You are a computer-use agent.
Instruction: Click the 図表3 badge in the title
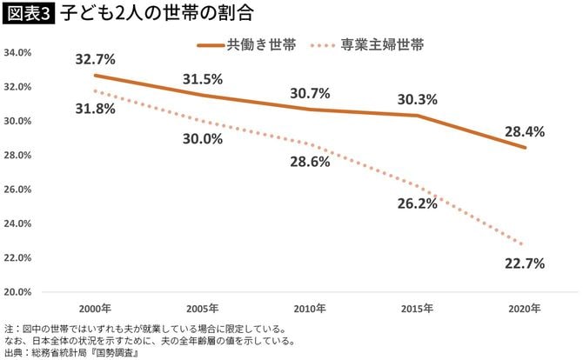point(29,16)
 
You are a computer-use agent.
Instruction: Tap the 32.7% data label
point(96,59)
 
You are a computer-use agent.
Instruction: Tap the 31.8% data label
point(96,109)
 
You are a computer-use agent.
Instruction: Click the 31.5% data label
point(203,79)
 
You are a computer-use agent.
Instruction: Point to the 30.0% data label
point(203,139)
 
